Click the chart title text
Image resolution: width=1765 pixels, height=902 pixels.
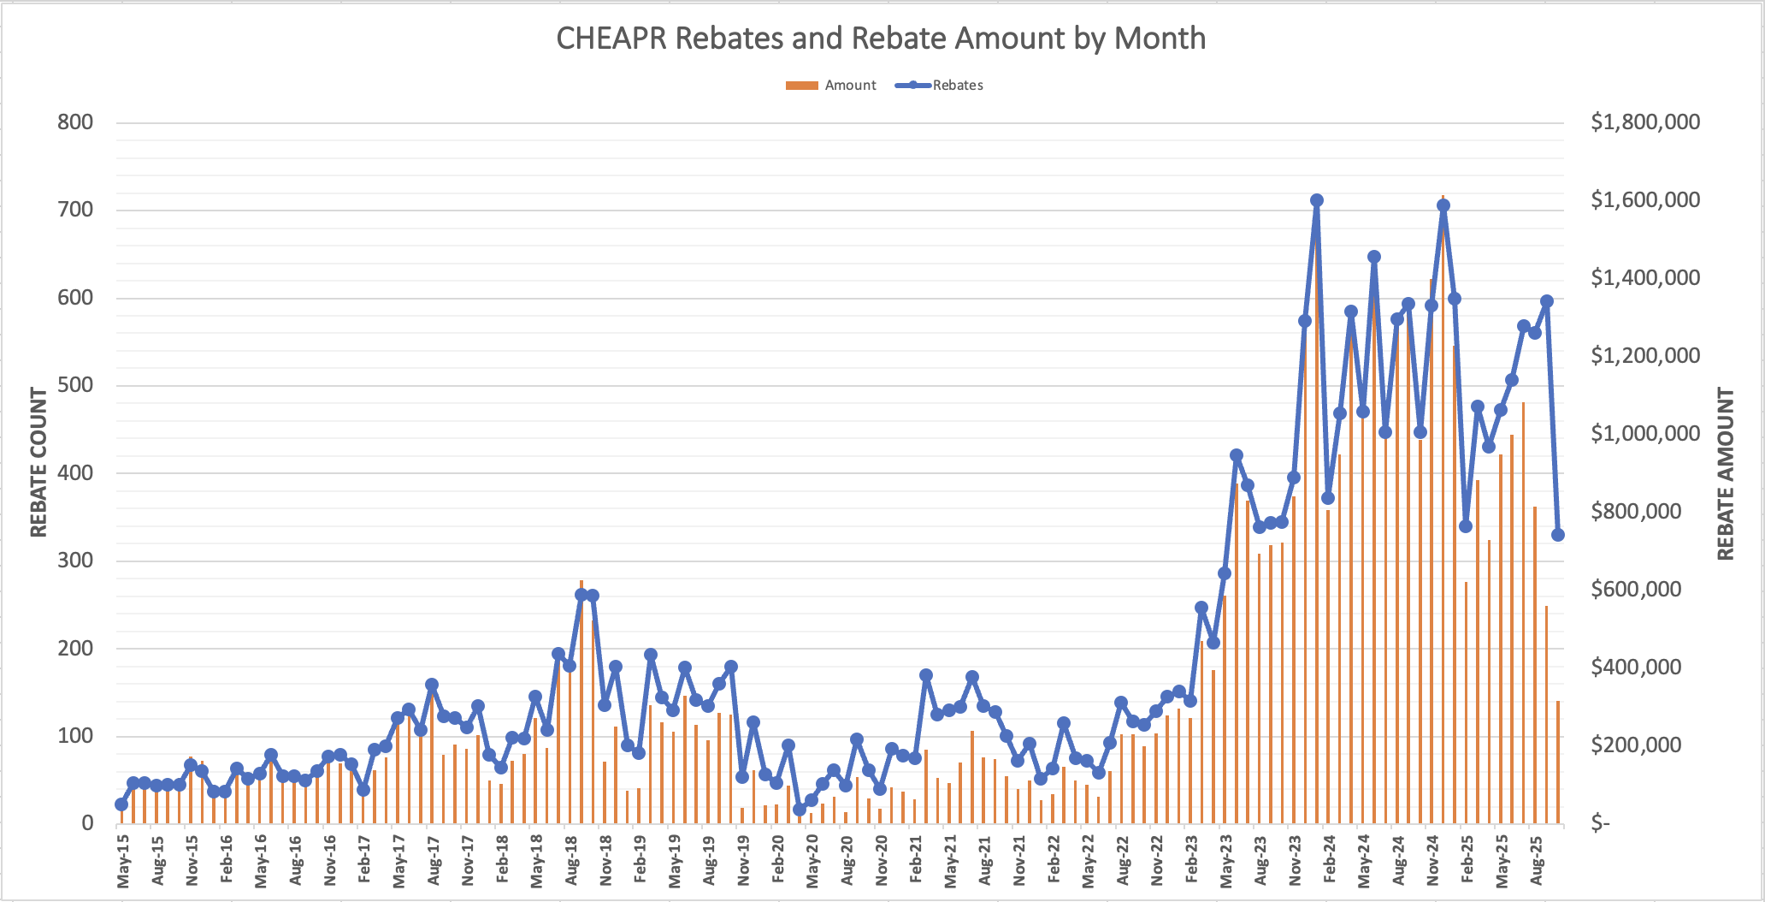pyautogui.click(x=881, y=39)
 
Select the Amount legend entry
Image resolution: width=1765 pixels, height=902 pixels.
pyautogui.click(x=831, y=86)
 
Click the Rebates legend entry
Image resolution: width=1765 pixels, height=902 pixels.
pyautogui.click(x=941, y=86)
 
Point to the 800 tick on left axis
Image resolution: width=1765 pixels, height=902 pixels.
pyautogui.click(x=75, y=122)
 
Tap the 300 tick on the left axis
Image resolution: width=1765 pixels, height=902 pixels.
pyautogui.click(x=75, y=561)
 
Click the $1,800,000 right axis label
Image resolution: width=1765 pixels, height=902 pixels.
pyautogui.click(x=1645, y=122)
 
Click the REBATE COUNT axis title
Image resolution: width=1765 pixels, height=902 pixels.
pyautogui.click(x=39, y=462)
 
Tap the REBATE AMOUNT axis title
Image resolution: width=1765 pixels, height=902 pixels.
pyautogui.click(x=1726, y=474)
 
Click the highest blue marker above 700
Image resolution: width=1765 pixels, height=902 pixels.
pyautogui.click(x=1317, y=200)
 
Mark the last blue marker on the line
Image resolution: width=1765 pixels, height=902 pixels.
pyautogui.click(x=1558, y=535)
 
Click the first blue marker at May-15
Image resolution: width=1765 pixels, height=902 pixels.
pyautogui.click(x=121, y=804)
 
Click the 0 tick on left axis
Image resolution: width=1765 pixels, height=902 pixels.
pyautogui.click(x=87, y=823)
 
